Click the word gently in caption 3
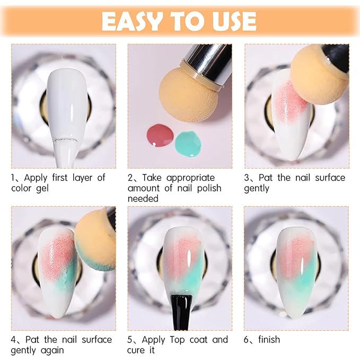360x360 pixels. tap(257, 188)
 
